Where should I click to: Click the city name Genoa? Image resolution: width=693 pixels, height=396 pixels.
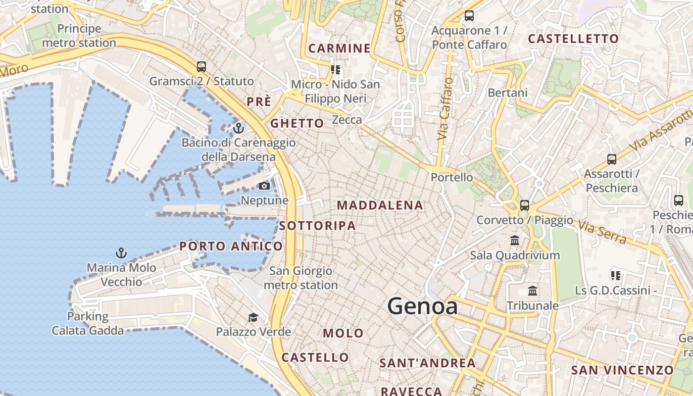[422, 306]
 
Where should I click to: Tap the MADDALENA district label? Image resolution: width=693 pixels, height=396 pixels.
[380, 205]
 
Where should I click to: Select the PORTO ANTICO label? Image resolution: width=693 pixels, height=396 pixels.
[231, 246]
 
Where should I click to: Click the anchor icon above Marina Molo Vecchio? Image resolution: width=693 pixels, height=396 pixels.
[121, 253]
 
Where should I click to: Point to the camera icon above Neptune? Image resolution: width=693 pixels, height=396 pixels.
[264, 186]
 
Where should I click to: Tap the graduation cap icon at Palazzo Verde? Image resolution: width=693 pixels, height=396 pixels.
[253, 317]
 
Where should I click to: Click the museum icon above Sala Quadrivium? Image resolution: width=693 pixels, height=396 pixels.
[515, 241]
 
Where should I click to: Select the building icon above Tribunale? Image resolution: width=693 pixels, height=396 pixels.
[533, 291]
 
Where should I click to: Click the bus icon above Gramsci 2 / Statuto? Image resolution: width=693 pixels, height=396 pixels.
[201, 67]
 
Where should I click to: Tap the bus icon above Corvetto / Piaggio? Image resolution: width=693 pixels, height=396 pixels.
[525, 205]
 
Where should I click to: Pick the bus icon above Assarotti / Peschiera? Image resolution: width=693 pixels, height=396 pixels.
[612, 159]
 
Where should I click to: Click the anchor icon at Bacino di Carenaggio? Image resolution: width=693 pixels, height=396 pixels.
[239, 128]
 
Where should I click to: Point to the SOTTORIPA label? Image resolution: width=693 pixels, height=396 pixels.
[317, 226]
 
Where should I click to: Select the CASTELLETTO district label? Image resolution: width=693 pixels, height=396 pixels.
[573, 39]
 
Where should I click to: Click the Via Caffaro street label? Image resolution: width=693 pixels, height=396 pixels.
[445, 109]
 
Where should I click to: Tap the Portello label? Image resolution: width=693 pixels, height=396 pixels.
[451, 177]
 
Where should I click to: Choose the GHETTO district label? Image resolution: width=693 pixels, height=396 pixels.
[297, 123]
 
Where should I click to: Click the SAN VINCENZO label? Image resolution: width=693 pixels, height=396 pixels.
[622, 370]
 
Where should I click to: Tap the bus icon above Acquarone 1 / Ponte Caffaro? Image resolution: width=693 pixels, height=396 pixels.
[469, 16]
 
